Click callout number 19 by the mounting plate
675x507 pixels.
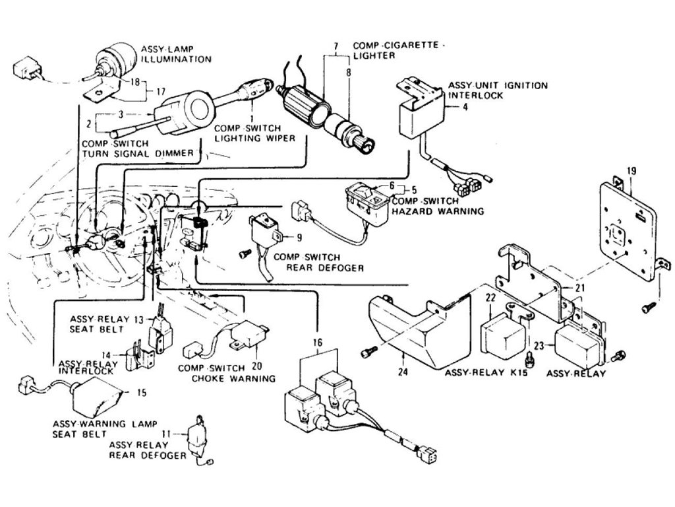631,172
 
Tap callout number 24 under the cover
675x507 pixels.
403,372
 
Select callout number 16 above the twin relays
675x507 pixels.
318,343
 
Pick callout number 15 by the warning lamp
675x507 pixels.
141,393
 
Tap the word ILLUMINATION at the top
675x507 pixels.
176,59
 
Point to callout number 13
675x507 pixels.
139,319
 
